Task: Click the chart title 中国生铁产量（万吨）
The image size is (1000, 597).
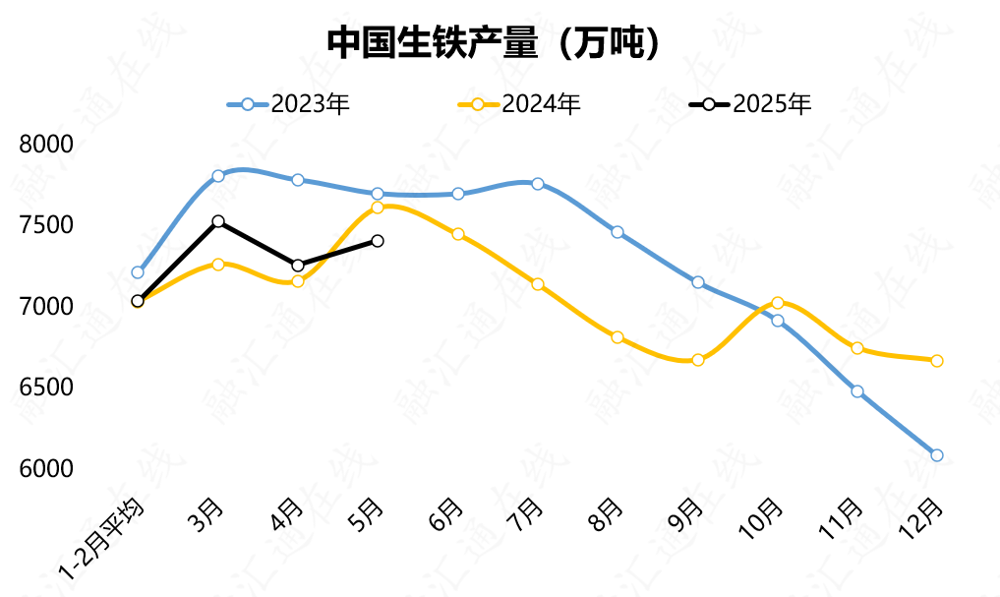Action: (x=492, y=40)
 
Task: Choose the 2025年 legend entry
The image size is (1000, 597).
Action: (x=751, y=104)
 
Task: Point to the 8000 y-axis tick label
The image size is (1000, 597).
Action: (x=47, y=145)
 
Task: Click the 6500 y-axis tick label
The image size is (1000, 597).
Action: (x=47, y=388)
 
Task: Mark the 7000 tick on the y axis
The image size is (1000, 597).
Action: (x=47, y=307)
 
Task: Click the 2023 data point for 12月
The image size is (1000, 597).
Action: (x=936, y=455)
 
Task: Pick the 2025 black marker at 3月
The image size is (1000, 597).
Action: (x=218, y=222)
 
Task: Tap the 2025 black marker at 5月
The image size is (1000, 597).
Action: (x=378, y=241)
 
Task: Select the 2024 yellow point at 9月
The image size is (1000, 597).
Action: (x=698, y=360)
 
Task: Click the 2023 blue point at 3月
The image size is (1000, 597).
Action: (x=218, y=176)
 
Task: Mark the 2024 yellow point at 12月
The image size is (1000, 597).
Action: (x=936, y=361)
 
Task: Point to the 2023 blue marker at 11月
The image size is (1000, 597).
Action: (x=857, y=391)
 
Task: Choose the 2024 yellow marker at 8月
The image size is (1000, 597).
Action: (x=618, y=337)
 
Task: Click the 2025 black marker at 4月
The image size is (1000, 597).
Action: (x=298, y=266)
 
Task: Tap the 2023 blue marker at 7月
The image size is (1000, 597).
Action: (x=538, y=184)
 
